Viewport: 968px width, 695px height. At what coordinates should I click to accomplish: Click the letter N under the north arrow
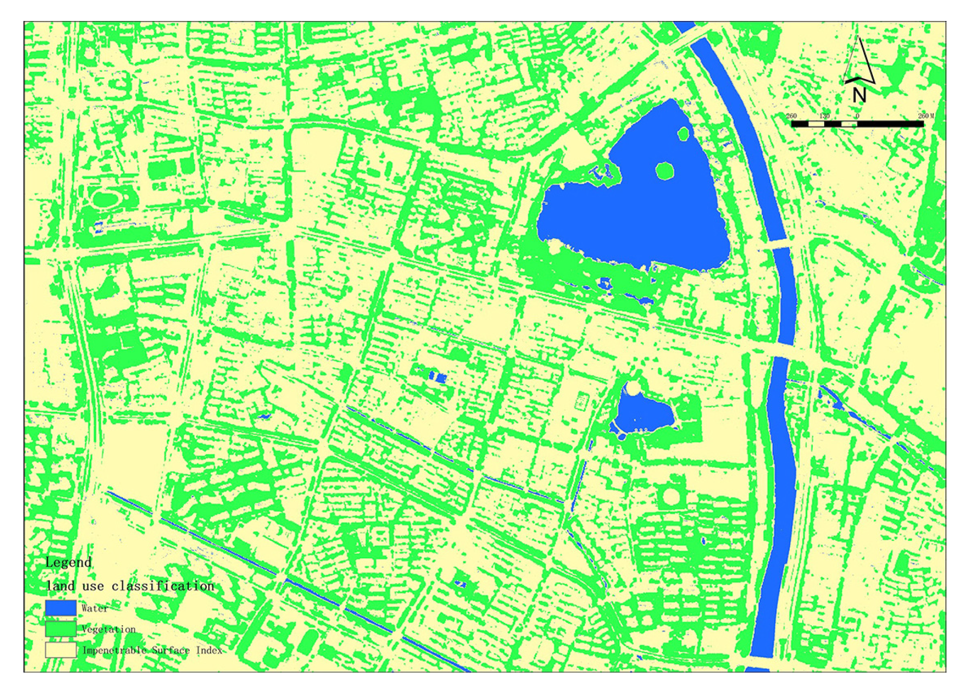[x=859, y=95]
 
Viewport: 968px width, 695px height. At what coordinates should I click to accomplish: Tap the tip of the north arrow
[x=859, y=38]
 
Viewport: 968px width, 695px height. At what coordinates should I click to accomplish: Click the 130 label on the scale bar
[x=825, y=116]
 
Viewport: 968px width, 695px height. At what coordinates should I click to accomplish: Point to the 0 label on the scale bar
[x=857, y=116]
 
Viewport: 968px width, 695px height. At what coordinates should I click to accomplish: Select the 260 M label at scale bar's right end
[x=926, y=116]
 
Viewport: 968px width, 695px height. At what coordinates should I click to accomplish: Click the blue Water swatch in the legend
[x=60, y=608]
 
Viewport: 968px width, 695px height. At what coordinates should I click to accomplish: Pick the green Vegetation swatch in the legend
[x=60, y=629]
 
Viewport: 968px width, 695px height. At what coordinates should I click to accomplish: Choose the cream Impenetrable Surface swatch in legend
[x=60, y=650]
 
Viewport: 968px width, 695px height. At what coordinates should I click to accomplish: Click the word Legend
[x=68, y=562]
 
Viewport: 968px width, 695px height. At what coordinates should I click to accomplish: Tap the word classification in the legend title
[x=163, y=586]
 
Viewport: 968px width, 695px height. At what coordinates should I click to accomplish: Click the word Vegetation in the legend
[x=108, y=629]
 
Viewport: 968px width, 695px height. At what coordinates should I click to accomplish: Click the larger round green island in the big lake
[x=665, y=171]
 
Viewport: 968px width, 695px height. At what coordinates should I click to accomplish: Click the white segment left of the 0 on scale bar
[x=849, y=124]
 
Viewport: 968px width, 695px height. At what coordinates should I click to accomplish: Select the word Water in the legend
[x=95, y=608]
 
